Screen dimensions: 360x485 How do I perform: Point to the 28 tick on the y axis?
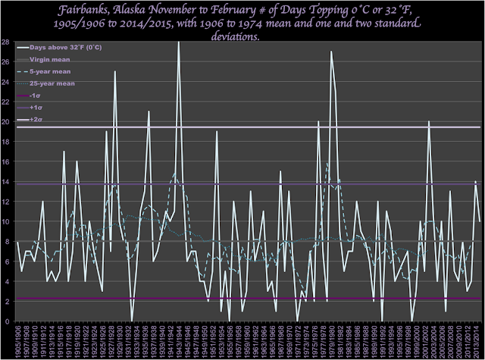(6, 42)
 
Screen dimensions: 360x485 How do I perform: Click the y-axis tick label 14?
(6, 182)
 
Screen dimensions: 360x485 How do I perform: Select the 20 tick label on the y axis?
(6, 122)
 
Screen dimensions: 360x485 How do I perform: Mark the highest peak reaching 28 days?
(179, 43)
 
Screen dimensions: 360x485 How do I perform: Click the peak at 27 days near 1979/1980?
(330, 52)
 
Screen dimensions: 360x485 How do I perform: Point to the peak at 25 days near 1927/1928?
(115, 72)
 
